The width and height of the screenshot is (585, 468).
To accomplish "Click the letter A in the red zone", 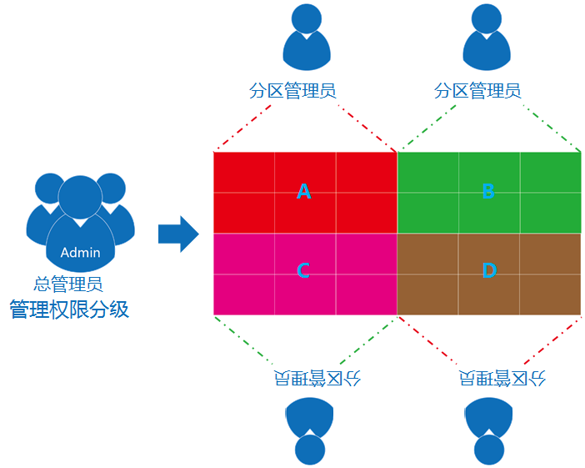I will point(304,192).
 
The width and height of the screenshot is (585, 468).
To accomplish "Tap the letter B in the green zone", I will point(488,191).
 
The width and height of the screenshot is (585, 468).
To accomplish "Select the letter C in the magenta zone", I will point(303,270).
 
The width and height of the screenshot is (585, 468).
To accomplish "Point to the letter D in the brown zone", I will point(489,270).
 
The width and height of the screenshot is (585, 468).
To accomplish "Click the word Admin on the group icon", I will point(80,253).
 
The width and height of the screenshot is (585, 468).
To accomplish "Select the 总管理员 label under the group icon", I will point(68,284).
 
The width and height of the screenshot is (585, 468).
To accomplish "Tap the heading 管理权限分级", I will point(69,309).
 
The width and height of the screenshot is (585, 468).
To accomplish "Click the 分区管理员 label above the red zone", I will point(293,90).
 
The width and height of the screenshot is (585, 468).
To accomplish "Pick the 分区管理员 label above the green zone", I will point(477,90).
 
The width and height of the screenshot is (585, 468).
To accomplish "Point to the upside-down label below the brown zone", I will point(502,378).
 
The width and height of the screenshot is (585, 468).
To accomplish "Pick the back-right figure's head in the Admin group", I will point(109,189).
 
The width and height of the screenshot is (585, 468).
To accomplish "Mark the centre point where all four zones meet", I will point(397,233).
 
